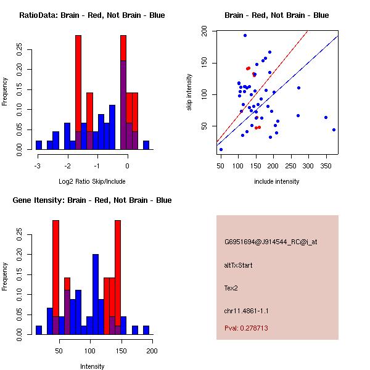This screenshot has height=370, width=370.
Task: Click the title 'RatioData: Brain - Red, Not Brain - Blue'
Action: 92,15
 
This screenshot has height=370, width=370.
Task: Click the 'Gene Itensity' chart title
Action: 92,200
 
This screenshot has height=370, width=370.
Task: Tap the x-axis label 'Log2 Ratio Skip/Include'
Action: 92,181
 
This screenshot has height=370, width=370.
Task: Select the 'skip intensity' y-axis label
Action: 189,92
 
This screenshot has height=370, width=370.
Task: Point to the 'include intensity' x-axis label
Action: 277,181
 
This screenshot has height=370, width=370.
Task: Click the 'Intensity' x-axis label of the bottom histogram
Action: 92,366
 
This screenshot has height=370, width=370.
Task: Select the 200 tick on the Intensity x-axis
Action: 152,351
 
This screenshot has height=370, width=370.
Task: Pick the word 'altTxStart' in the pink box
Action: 238,265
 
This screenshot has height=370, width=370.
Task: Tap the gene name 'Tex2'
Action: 231,287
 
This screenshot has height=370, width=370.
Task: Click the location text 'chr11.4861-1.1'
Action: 246,310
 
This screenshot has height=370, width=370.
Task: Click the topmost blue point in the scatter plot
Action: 245,36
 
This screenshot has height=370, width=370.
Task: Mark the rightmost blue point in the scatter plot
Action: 334,130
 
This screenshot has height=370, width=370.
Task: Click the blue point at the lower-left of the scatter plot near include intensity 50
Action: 221,149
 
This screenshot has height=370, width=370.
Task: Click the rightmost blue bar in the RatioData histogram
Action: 146,146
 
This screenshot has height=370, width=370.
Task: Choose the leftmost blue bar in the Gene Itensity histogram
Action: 38,330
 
